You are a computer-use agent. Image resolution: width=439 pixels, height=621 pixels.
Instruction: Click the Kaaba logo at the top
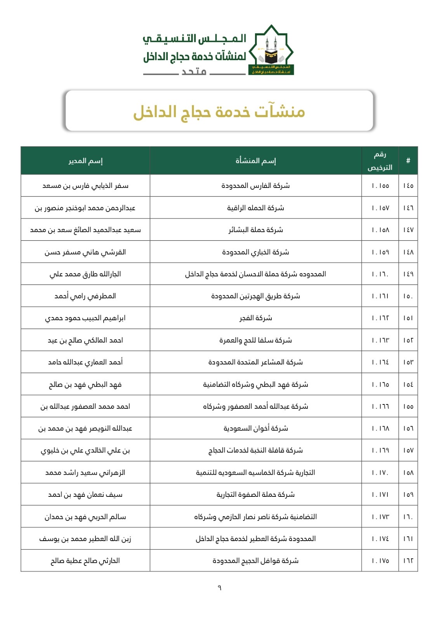point(271,50)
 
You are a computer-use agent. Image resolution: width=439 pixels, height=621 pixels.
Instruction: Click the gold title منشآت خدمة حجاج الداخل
point(219,112)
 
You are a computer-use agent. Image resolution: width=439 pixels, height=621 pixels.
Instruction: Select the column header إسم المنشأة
point(255,161)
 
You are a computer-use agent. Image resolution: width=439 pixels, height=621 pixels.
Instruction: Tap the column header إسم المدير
point(85,161)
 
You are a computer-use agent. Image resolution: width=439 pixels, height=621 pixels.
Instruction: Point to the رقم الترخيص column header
point(380,161)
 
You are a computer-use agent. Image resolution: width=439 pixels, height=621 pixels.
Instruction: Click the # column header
point(408,161)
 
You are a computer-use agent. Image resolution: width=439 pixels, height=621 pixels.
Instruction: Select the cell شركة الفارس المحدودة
point(255,186)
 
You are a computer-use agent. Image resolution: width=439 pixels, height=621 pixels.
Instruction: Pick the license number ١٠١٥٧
point(380,208)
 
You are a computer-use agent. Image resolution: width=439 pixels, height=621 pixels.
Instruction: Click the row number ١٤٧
point(408,230)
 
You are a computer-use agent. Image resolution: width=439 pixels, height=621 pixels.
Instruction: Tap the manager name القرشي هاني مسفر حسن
point(85,252)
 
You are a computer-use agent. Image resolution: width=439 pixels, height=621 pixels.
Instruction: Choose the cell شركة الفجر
point(255,318)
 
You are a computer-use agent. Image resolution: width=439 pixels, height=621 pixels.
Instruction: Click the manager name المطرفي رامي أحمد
point(85,296)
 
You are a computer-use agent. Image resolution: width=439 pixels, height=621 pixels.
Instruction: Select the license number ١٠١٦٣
point(380,340)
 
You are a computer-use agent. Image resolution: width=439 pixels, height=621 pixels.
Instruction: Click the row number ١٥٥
point(408,406)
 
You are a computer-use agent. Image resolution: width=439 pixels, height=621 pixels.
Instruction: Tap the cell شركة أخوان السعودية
point(255,428)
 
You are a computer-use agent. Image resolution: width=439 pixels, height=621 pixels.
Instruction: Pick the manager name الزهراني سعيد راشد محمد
point(85,473)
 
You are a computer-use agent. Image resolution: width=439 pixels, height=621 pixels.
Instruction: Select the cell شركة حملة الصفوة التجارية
point(255,495)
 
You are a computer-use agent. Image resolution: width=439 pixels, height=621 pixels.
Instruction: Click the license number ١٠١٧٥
point(380,561)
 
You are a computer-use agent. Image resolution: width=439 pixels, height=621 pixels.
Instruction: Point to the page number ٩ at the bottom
point(219,588)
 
